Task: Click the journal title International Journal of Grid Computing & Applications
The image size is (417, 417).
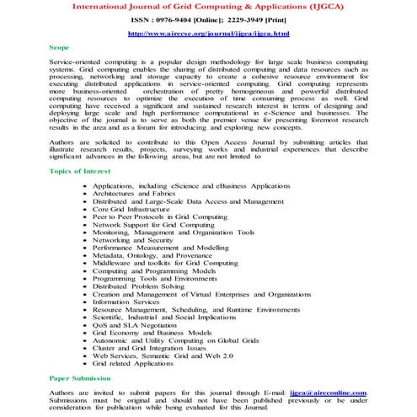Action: (207, 5)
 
